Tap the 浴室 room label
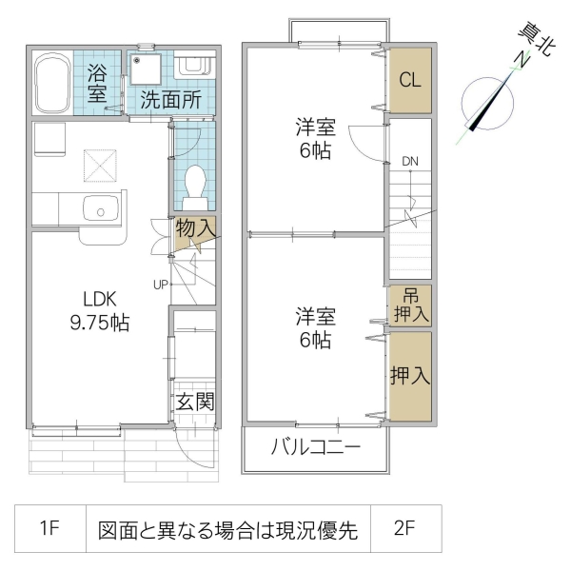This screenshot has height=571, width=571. [x=98, y=83]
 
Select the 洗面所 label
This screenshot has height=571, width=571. [x=170, y=99]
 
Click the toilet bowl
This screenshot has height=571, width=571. [x=196, y=185]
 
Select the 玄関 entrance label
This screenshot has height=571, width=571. [x=195, y=401]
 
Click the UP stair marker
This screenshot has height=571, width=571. [x=162, y=283]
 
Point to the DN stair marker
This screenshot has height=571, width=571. [x=410, y=161]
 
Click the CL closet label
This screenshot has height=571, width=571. [x=410, y=80]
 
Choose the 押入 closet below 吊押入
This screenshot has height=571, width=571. [x=410, y=375]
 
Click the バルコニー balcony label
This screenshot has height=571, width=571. [x=316, y=447]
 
